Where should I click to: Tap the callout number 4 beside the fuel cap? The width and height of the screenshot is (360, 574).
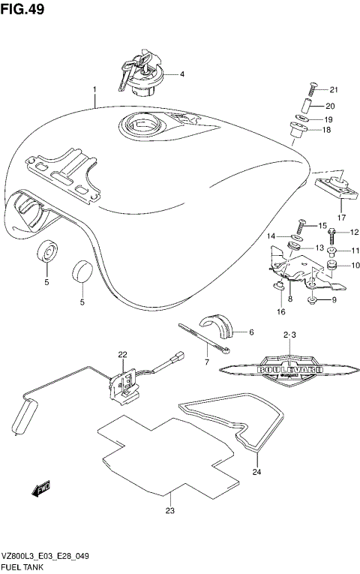[181, 74]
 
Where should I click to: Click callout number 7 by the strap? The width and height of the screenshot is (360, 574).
[207, 362]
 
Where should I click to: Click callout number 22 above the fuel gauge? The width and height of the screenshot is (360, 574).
[122, 354]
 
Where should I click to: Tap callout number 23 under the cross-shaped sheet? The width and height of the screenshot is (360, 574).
[170, 512]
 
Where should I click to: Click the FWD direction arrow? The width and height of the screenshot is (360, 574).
[40, 488]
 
